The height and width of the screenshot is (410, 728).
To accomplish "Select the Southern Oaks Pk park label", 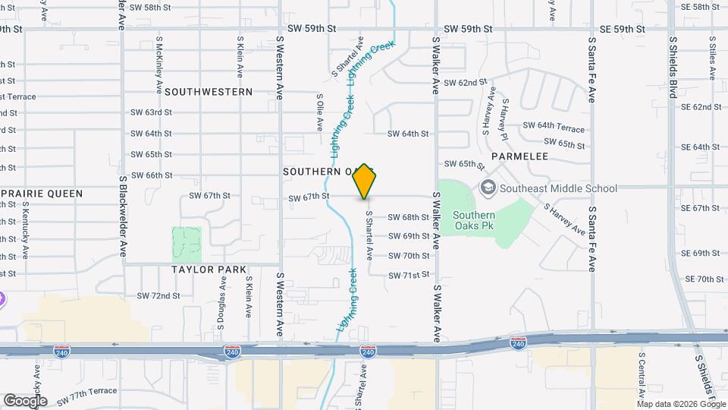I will tap(474, 220).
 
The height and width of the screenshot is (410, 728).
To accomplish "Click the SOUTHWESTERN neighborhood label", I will tap(208, 92).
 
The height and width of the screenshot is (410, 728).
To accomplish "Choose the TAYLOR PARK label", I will tap(209, 270).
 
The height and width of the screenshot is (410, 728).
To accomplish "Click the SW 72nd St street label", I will tap(158, 295).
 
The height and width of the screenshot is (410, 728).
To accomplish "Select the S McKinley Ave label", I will tap(160, 58).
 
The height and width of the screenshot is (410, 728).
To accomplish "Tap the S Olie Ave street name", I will tap(320, 111).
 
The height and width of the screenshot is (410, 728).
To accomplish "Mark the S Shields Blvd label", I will tap(672, 68).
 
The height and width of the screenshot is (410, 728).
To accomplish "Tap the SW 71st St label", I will tap(409, 275).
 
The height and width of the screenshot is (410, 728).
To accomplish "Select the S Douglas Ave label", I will tap(223, 301).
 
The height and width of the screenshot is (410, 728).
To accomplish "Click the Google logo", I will tap(26, 400).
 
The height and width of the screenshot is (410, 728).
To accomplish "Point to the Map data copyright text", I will tap(682, 403).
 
